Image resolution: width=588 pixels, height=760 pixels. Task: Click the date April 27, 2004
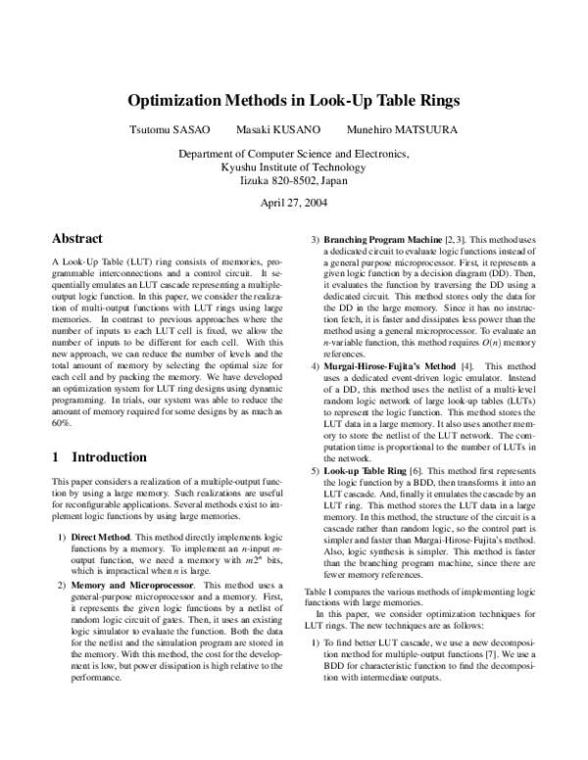click(294, 203)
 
